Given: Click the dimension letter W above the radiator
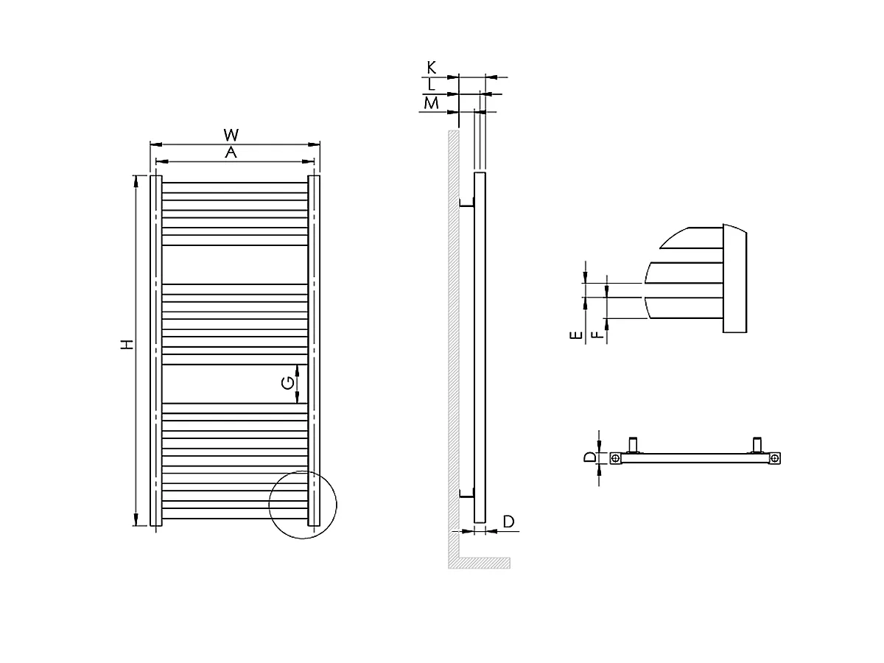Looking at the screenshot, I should [x=231, y=135].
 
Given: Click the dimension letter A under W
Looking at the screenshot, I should [x=231, y=152].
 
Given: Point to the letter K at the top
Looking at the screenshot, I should [x=432, y=68].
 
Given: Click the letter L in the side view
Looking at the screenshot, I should [x=432, y=85].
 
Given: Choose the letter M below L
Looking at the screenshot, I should [x=432, y=103].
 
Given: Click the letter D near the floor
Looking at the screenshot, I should [x=508, y=522].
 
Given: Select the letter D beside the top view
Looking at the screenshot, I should [x=589, y=457].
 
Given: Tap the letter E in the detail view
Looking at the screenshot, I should [x=578, y=335].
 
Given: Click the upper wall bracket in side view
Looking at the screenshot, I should [x=466, y=204].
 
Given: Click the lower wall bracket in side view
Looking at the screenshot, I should [x=466, y=494].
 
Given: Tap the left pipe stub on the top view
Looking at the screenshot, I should [x=633, y=444].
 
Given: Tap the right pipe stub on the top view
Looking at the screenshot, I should [x=757, y=444].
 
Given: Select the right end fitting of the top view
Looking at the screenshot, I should [x=775, y=458].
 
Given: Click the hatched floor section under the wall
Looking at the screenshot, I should [x=479, y=562].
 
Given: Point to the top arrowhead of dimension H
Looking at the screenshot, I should [x=136, y=180].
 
